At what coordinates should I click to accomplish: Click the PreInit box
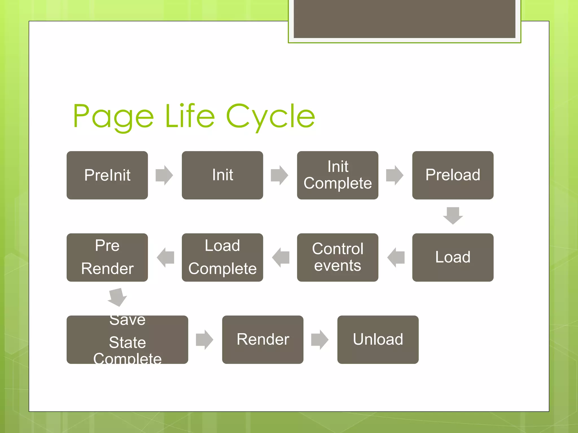(107, 175)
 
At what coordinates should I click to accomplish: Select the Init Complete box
(338, 175)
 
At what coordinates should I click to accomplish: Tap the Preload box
(453, 175)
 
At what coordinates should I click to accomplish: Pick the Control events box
(338, 257)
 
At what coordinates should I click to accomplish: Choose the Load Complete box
(222, 257)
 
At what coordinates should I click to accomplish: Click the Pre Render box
(107, 257)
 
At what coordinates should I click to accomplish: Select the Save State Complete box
(127, 339)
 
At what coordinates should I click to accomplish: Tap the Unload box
(378, 339)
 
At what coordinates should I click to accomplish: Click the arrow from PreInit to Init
(164, 175)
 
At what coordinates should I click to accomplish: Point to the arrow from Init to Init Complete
(279, 175)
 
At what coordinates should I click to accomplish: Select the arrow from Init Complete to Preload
(395, 175)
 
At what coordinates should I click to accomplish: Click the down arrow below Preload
(453, 216)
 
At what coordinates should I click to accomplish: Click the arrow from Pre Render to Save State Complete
(117, 297)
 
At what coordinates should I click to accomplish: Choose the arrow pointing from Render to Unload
(320, 339)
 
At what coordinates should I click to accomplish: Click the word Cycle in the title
(270, 116)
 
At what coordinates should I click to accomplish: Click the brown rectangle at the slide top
(404, 19)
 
